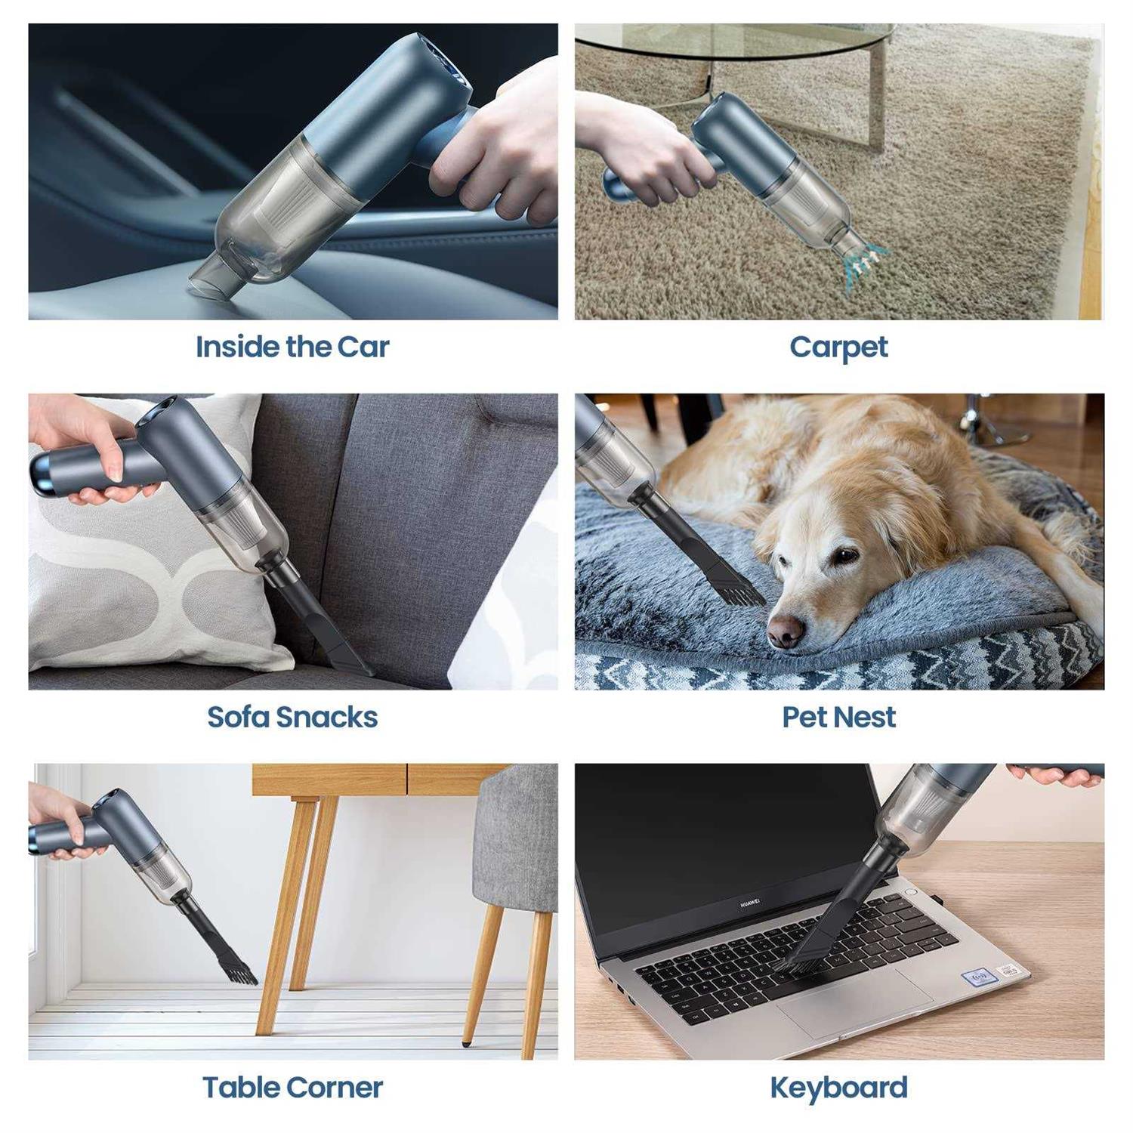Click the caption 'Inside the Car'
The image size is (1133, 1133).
pyautogui.click(x=292, y=347)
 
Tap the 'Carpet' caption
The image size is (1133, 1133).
pyautogui.click(x=838, y=347)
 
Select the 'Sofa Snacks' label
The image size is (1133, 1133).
pyautogui.click(x=292, y=717)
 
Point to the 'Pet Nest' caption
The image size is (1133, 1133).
pyautogui.click(x=838, y=717)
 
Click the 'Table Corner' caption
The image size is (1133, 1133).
pyautogui.click(x=292, y=1087)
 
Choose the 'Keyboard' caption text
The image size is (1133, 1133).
pyautogui.click(x=838, y=1088)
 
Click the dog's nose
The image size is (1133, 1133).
pyautogui.click(x=786, y=631)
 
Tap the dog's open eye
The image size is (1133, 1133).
pyautogui.click(x=846, y=556)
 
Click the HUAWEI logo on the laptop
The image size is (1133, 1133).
pyautogui.click(x=749, y=903)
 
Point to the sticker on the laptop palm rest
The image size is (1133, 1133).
pyautogui.click(x=980, y=977)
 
